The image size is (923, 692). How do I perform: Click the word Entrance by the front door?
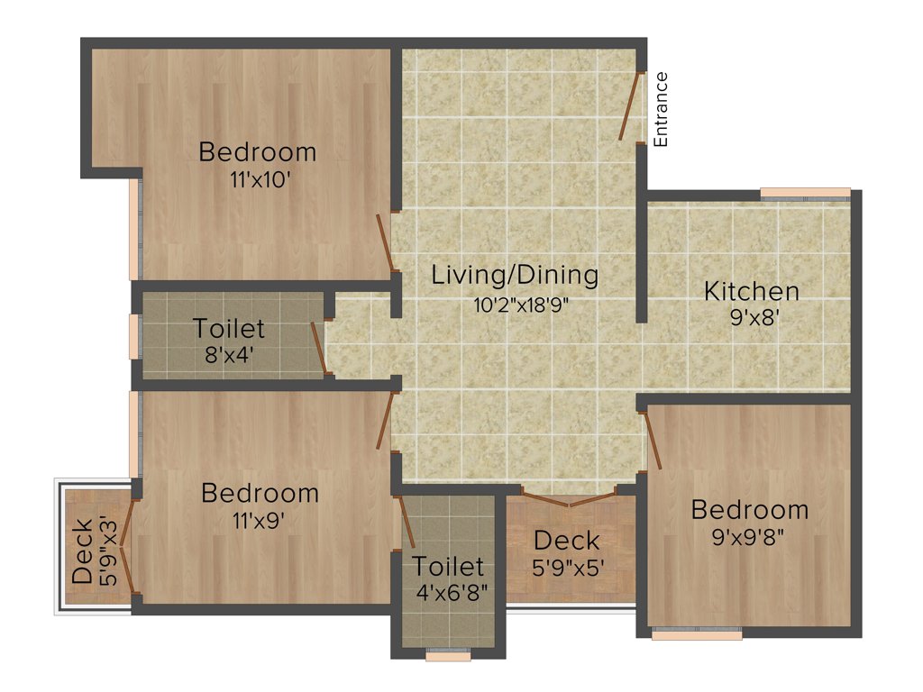[661, 109]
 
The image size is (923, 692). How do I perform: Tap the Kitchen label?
[751, 292]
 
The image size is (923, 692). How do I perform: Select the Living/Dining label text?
[515, 274]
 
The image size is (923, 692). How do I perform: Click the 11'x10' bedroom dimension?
[259, 179]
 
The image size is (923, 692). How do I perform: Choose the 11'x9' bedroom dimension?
[259, 520]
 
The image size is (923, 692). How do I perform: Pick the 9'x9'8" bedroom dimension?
[749, 537]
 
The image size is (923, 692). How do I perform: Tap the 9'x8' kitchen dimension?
[751, 318]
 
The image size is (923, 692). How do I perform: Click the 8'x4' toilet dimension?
[229, 354]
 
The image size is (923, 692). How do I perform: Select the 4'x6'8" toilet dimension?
[448, 594]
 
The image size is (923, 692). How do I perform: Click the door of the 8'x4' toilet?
[317, 346]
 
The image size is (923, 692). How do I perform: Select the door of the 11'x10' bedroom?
[385, 242]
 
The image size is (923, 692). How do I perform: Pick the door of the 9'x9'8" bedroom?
[653, 440]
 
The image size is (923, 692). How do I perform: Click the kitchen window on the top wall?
[805, 193]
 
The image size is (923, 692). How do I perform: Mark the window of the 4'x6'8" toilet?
[448, 655]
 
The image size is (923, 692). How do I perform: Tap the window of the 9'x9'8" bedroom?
[697, 634]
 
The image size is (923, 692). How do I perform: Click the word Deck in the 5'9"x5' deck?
[566, 541]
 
